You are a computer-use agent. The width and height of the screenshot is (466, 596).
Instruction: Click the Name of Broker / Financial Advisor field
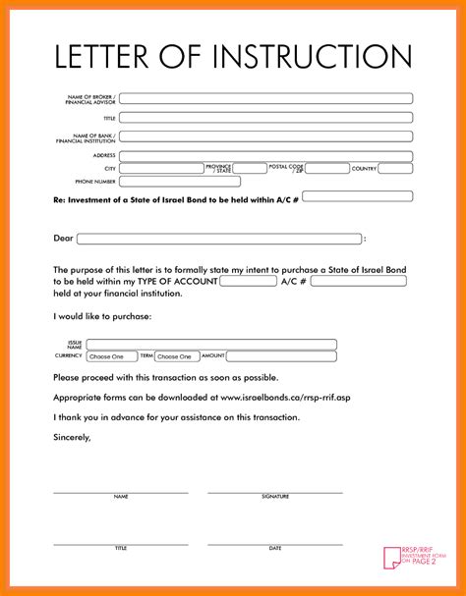(x=265, y=98)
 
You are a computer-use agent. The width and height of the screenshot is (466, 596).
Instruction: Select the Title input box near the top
(x=265, y=118)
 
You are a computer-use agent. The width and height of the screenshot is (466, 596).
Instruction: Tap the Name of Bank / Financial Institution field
(x=265, y=136)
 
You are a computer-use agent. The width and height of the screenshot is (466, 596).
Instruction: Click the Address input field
(x=265, y=155)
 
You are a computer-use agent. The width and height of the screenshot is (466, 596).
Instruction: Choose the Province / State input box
(x=250, y=169)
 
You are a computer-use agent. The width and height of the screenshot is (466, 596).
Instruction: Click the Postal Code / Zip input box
(x=325, y=169)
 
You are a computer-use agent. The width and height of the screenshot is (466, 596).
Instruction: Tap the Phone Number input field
(x=180, y=182)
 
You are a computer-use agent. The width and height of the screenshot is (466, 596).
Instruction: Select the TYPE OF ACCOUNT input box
(x=248, y=281)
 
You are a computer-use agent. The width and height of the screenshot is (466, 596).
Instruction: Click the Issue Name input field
(x=211, y=345)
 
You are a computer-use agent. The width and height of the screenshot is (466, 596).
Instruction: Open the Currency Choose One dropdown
(x=112, y=356)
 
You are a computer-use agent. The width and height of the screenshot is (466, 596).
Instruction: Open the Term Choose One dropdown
(x=177, y=356)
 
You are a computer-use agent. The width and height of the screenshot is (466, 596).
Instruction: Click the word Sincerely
(x=72, y=437)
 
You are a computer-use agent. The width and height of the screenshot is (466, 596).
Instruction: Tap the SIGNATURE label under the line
(x=275, y=497)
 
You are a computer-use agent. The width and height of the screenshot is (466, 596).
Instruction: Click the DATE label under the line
(x=275, y=548)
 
